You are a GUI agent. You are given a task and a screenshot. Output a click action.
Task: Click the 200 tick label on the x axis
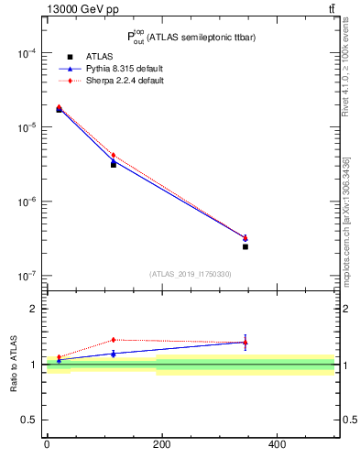coord(161,444)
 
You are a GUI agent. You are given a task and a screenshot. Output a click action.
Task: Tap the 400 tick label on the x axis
coord(277,444)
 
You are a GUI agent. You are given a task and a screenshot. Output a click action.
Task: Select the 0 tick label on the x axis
coord(47,444)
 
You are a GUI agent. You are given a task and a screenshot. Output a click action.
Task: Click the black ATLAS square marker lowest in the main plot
coord(245,246)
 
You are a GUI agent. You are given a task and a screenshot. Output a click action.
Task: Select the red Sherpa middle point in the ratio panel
coord(114,340)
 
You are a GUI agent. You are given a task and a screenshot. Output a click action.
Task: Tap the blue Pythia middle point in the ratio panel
coord(114,353)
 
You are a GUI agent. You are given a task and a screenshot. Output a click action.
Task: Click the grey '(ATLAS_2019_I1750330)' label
coord(191,274)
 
